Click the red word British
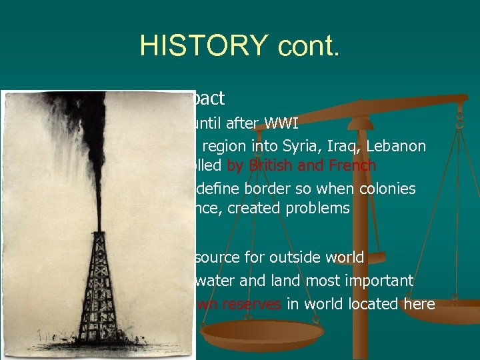[278, 165]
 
